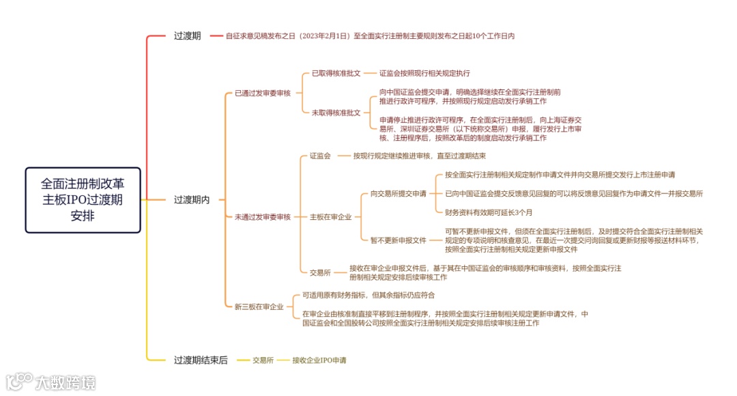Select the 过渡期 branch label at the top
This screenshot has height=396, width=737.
pos(187,36)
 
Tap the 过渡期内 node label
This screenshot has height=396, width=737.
pos(191,200)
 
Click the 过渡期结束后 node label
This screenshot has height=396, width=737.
pos(201,360)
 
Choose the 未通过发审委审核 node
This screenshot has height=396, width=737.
pos(263,216)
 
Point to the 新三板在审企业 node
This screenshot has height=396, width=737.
pos(259,307)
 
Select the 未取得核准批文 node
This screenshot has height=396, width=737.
pos(336,113)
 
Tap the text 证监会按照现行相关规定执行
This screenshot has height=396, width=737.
pos(424,72)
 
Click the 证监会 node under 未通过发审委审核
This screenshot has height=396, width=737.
pos(320,156)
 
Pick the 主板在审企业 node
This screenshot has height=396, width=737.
pos(330,216)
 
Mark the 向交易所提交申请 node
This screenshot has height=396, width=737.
pos(399,193)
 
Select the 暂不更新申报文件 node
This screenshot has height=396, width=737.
pos(399,240)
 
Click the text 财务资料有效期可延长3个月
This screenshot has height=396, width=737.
pos(489,212)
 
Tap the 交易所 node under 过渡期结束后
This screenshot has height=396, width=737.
pos(263,360)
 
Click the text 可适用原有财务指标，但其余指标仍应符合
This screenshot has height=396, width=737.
pos(369,295)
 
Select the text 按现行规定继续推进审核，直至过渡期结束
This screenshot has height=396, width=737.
pos(419,156)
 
